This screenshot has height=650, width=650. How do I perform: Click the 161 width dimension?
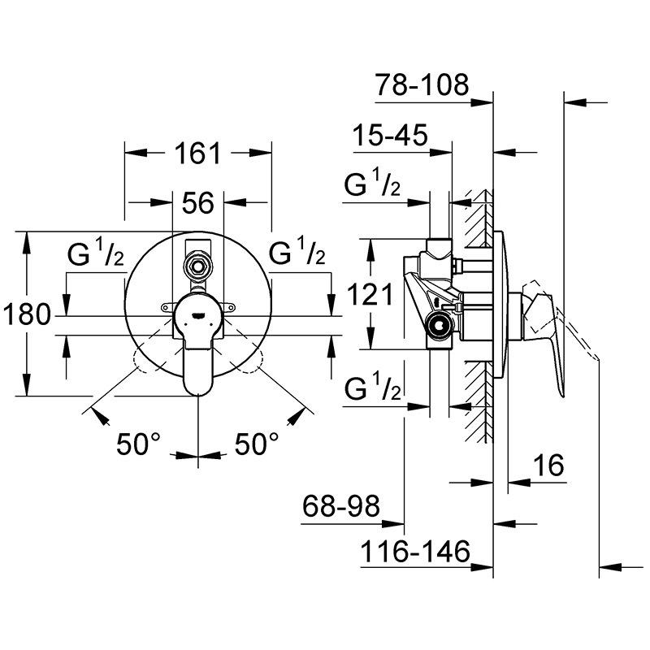pos(198,154)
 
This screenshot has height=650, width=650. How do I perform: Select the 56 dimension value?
pos(198,203)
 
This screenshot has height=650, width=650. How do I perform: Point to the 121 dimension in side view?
pos(370,295)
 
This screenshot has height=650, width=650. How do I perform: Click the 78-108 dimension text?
pos(422,85)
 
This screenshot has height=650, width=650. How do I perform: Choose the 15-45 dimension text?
pos(390,135)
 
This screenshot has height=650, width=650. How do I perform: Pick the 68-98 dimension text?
pos(340,505)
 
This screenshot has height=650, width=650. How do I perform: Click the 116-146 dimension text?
pos(415,552)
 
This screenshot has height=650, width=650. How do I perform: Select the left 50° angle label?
pos(138,444)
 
